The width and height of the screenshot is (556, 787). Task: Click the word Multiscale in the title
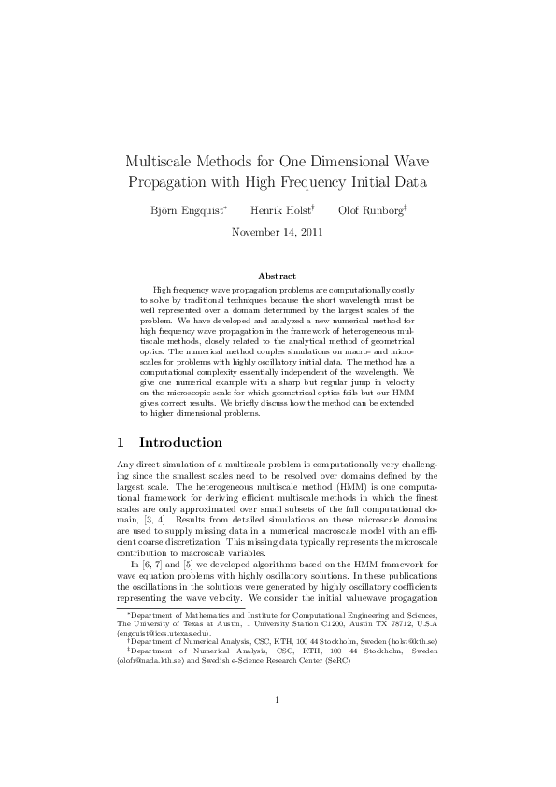point(160,160)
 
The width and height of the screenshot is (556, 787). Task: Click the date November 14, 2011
point(278,232)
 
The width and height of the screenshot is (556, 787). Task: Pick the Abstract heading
point(277,276)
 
